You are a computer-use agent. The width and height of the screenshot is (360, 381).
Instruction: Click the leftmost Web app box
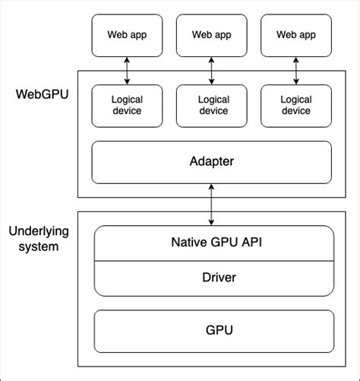[x=127, y=34]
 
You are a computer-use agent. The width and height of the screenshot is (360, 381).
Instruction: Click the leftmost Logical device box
[x=127, y=105]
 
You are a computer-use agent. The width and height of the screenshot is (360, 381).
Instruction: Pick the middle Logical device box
[x=213, y=105]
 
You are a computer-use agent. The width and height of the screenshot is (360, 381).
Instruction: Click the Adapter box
[x=211, y=162]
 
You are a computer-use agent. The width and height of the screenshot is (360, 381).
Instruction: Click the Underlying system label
[x=35, y=238]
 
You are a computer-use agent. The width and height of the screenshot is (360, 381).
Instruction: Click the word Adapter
[x=211, y=162]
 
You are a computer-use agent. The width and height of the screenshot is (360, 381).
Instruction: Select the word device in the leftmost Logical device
[x=127, y=111]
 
